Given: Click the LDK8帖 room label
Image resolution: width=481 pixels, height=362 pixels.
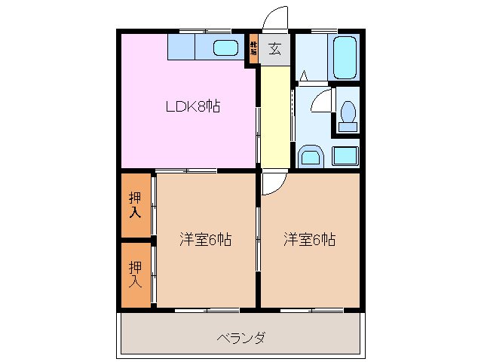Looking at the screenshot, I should coord(193,106).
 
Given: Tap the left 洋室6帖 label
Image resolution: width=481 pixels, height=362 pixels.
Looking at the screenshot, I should coord(205,240).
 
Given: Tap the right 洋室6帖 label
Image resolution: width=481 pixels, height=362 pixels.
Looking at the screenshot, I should coord(309,240).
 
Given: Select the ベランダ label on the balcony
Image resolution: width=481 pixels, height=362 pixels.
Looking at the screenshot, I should coord(240,337).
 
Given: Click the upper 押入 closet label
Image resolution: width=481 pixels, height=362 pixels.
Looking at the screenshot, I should coord(135,205).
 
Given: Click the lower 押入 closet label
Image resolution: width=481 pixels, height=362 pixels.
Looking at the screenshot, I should coord(135,274).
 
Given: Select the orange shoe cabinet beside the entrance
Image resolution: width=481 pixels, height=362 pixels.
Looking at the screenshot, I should coord(254,50).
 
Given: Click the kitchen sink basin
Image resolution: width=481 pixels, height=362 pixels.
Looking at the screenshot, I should coord(225,48).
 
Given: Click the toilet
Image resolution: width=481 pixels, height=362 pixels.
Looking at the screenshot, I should coord(348,115).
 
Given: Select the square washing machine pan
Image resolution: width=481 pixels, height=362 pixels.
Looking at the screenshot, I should coord(345,157).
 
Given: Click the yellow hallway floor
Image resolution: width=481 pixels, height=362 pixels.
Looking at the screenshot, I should coord(274,117).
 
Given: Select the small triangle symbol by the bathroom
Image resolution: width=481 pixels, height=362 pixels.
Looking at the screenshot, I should coord(302,75).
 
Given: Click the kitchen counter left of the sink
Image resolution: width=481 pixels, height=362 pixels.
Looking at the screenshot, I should coord(181,48).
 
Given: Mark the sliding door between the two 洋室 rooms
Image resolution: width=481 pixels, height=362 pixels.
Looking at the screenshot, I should coord(259,240).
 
